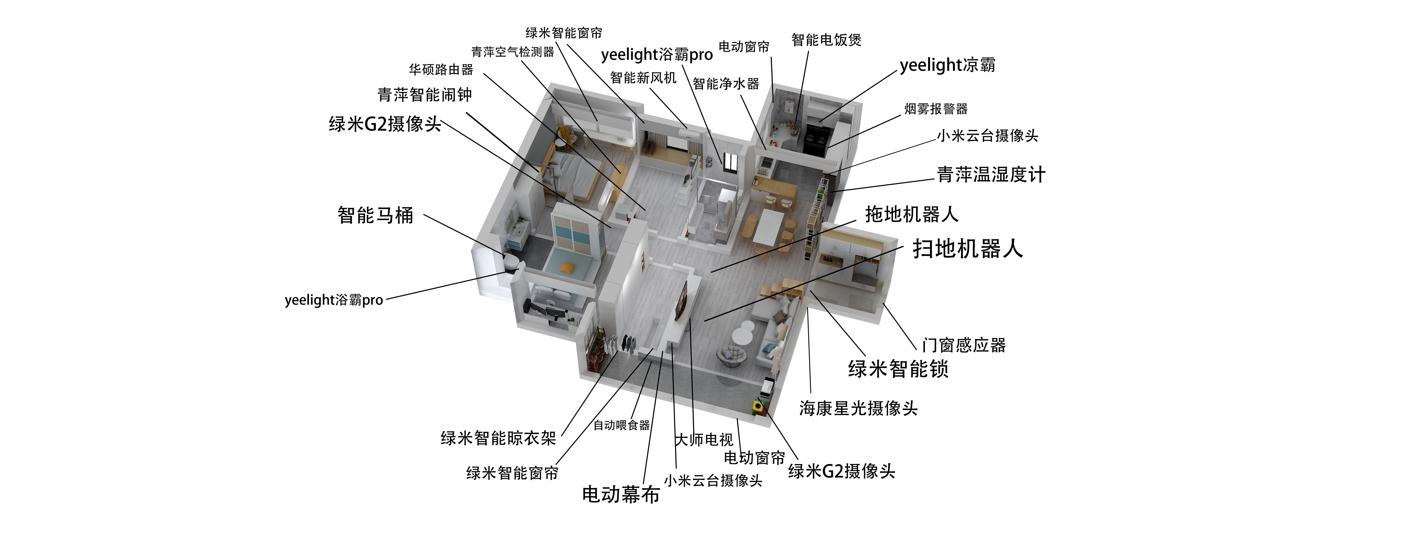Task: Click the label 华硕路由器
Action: click(x=441, y=70)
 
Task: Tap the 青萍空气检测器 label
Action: click(x=512, y=52)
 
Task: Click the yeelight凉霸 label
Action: click(x=947, y=65)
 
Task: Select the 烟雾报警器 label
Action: click(x=936, y=109)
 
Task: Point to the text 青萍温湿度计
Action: click(x=991, y=175)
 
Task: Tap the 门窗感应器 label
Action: click(x=964, y=345)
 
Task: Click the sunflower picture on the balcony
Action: click(x=758, y=406)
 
